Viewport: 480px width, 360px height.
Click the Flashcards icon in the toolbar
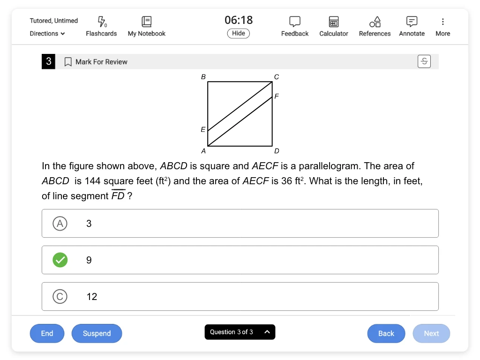[101, 21]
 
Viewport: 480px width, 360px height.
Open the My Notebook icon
[147, 21]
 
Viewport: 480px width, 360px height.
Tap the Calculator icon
[334, 22]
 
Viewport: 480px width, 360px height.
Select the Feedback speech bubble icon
[295, 22]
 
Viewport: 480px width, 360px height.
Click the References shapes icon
[375, 22]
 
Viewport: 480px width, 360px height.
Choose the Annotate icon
[412, 21]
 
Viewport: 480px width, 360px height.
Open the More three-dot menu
[443, 22]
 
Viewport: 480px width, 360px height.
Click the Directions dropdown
[47, 34]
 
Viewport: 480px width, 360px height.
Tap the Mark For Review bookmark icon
[68, 62]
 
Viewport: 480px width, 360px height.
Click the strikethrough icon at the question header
[424, 61]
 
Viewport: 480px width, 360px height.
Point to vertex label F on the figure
[277, 96]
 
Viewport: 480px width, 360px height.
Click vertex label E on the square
[203, 129]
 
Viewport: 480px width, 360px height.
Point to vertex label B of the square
[203, 76]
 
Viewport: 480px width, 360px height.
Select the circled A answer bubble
[60, 224]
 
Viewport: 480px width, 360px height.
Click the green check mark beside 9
[60, 260]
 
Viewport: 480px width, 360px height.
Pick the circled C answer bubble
[60, 296]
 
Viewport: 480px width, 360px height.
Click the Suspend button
[97, 333]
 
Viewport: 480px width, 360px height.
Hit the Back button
[386, 333]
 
